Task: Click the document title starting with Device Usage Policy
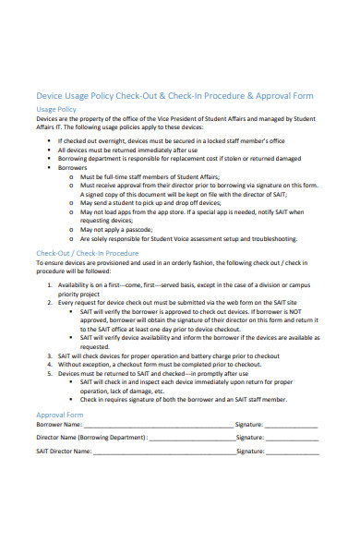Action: click(x=174, y=95)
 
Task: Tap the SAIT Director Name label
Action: click(x=64, y=452)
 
